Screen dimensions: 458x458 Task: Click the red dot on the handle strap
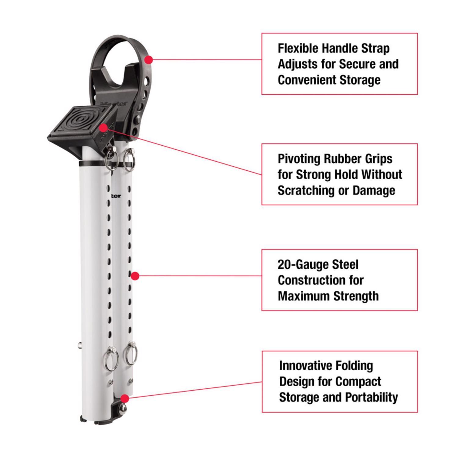(148, 60)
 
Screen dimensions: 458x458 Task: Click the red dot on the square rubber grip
(103, 128)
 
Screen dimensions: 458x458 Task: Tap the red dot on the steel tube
(135, 276)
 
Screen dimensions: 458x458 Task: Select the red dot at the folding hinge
(124, 398)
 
